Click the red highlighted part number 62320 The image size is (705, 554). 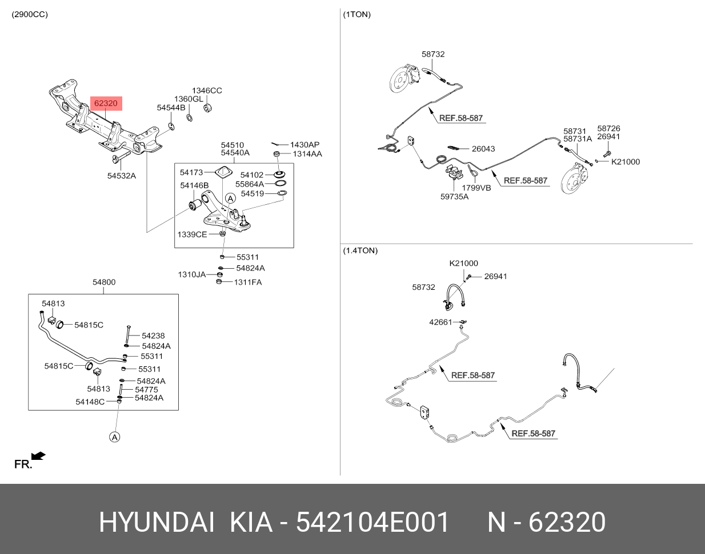click(x=106, y=103)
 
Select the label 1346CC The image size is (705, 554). click(x=206, y=91)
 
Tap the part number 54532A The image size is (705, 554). click(x=121, y=176)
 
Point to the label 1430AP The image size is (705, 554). click(x=305, y=145)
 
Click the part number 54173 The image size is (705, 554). click(x=191, y=172)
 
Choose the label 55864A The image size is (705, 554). click(x=249, y=184)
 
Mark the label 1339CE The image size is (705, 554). click(x=192, y=234)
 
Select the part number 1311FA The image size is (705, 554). click(x=247, y=282)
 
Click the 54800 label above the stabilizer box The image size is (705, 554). click(x=104, y=282)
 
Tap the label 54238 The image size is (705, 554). click(x=153, y=336)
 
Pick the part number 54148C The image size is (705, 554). click(x=90, y=402)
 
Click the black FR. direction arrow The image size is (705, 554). click(x=38, y=456)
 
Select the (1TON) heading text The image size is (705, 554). click(x=356, y=15)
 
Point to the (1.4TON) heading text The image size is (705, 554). click(x=360, y=250)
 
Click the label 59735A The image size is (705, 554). click(x=454, y=197)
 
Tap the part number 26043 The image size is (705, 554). click(x=483, y=149)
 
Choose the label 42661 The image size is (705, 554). click(x=440, y=322)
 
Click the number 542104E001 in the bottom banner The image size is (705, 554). click(x=372, y=522)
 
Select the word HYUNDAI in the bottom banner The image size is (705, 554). click(x=157, y=522)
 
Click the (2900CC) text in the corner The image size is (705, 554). click(x=30, y=15)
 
